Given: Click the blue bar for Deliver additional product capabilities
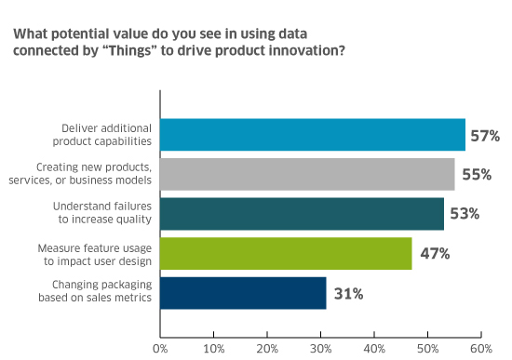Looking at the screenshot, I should (x=312, y=135).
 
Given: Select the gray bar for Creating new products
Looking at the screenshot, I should (x=307, y=174).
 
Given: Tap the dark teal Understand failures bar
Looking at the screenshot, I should (x=302, y=213).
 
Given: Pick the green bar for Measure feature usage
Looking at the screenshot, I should (x=286, y=253).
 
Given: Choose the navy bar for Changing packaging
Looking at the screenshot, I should (x=243, y=293).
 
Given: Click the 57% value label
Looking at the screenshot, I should (x=485, y=136).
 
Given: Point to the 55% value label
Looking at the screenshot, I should (x=475, y=175).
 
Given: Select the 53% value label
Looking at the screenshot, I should (x=464, y=214).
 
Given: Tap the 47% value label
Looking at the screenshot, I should (x=432, y=254).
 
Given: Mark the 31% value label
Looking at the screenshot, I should (x=346, y=294).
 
